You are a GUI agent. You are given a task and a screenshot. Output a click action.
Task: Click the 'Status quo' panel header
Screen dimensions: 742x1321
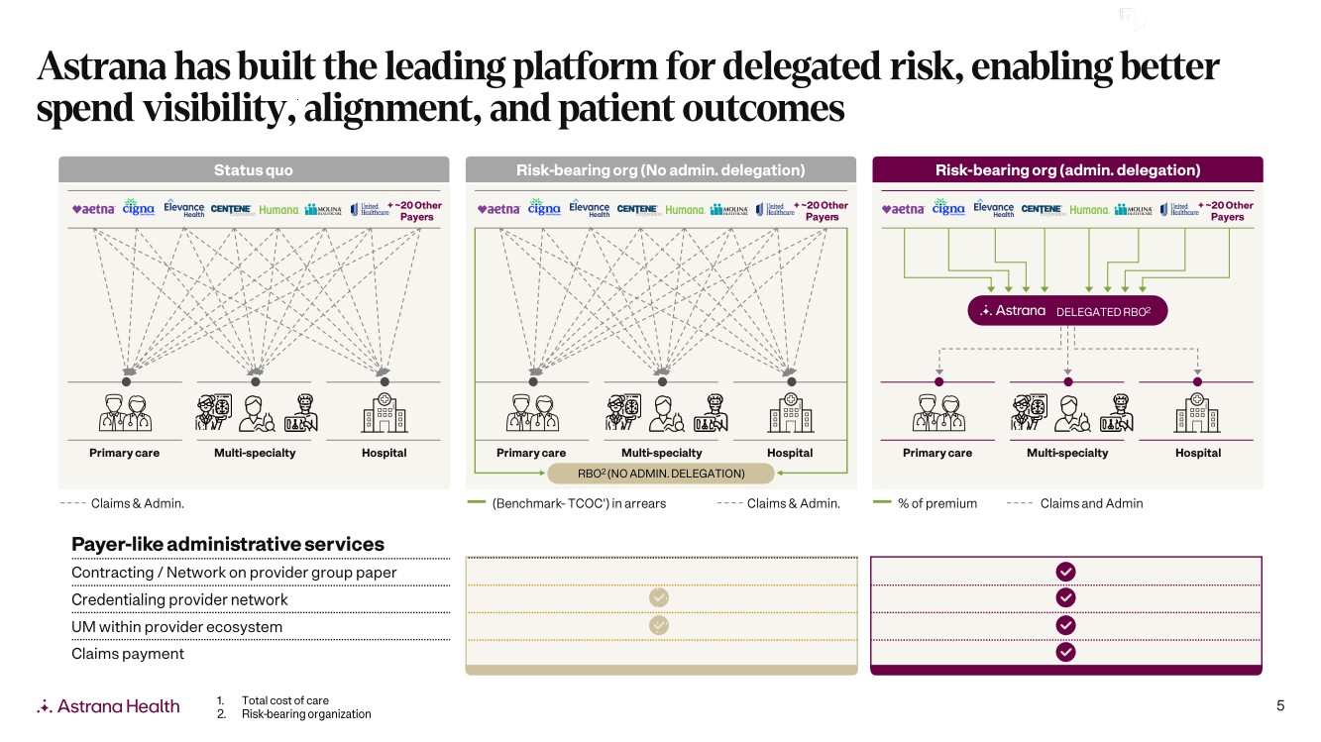point(254,169)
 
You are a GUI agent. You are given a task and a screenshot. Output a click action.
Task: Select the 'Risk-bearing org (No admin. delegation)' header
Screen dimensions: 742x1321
point(660,169)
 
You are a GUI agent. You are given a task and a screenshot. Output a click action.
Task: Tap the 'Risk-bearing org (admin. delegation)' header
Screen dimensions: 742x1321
point(1067,169)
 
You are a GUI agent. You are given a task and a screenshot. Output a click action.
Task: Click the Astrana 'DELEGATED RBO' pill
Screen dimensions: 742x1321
point(1067,311)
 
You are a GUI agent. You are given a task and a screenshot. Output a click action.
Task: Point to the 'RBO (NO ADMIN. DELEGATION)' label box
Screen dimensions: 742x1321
point(662,474)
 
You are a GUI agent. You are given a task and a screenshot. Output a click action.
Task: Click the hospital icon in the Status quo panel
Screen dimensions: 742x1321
point(384,411)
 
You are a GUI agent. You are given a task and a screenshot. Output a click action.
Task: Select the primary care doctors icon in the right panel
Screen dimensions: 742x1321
point(936,411)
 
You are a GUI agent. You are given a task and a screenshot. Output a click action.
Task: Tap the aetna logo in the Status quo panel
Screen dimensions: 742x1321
point(95,209)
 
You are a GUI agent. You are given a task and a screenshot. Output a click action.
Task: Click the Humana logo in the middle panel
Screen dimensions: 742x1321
point(685,210)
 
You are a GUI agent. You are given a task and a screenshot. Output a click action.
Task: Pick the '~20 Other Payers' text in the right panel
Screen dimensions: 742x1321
point(1228,211)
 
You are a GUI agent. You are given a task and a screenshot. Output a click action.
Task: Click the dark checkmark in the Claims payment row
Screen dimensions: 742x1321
point(1065,652)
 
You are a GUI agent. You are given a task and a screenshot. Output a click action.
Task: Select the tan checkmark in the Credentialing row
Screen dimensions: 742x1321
point(659,597)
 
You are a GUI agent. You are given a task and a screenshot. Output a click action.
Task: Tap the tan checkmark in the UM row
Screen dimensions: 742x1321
point(659,625)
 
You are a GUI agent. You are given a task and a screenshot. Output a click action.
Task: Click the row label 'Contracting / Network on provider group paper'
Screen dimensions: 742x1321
point(234,573)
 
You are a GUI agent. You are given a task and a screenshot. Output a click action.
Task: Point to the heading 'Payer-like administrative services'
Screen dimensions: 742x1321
point(228,544)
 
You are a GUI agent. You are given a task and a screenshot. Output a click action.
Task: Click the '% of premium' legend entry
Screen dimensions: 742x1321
point(936,503)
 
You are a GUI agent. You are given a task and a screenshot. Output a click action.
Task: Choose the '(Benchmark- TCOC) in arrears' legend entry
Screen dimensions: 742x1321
point(579,503)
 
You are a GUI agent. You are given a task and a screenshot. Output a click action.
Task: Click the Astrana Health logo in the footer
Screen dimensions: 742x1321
point(109,706)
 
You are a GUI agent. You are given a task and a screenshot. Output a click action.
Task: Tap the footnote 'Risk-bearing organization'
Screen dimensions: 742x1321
point(306,714)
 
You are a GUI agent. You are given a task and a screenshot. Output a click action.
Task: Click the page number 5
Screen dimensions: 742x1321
point(1280,705)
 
